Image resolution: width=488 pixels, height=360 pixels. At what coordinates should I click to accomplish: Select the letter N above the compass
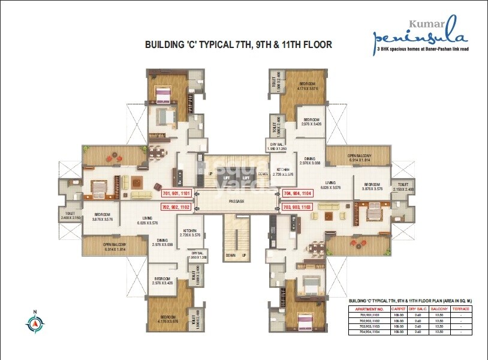pos(35,311)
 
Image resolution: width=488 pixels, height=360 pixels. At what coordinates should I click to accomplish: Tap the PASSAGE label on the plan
pos(236,202)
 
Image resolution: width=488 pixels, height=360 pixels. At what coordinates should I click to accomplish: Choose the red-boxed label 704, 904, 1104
pos(297,194)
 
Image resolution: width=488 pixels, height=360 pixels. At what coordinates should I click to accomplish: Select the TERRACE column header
pos(462,308)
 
